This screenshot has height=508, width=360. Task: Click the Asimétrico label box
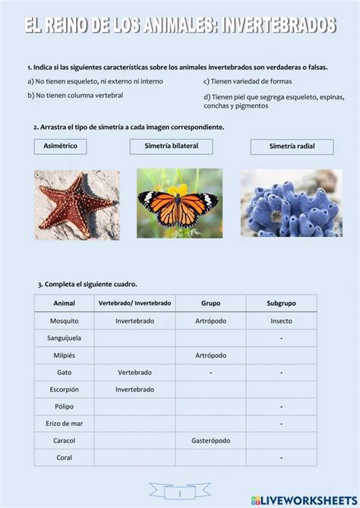point(61,146)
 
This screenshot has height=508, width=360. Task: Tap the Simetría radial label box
point(292,147)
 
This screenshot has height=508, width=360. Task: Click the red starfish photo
point(77,204)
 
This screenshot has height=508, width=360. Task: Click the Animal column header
point(64,303)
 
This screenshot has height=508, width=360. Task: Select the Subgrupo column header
point(281,303)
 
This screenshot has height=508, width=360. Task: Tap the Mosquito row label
point(64,320)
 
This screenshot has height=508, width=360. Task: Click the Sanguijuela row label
point(64,338)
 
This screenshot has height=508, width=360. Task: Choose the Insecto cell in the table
point(281,320)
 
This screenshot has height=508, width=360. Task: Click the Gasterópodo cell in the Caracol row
point(210,440)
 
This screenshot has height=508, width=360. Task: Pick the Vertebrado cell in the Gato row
point(134,372)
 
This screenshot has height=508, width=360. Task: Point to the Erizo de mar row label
point(64,423)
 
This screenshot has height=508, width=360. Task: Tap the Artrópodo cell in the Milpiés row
point(210,355)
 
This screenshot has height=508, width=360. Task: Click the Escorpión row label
point(64,389)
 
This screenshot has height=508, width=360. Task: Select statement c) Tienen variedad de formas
point(248,81)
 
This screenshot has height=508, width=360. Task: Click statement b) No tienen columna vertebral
point(74,96)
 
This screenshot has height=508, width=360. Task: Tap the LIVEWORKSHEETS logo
point(304,500)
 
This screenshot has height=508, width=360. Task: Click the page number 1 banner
point(179,493)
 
